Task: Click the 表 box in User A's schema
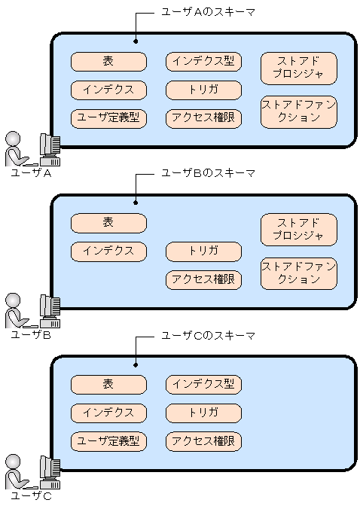tap(108, 62)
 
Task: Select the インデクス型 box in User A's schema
tap(203, 62)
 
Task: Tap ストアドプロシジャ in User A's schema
tap(298, 68)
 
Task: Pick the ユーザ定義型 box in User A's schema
tap(108, 117)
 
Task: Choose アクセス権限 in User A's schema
tap(203, 117)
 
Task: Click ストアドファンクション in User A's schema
tap(298, 111)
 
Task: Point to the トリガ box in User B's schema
tap(203, 251)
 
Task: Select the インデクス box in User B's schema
tap(108, 251)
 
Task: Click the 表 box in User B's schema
tap(108, 223)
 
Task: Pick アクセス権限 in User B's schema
tap(203, 279)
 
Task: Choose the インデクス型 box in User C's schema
tap(203, 385)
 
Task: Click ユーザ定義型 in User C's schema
tap(108, 441)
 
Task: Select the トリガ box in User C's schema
tap(203, 413)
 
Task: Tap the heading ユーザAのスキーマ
tap(209, 12)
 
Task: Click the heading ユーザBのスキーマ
tap(209, 174)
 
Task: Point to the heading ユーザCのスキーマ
tap(209, 336)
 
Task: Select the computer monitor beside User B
tap(49, 308)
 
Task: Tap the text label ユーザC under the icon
tap(31, 496)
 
